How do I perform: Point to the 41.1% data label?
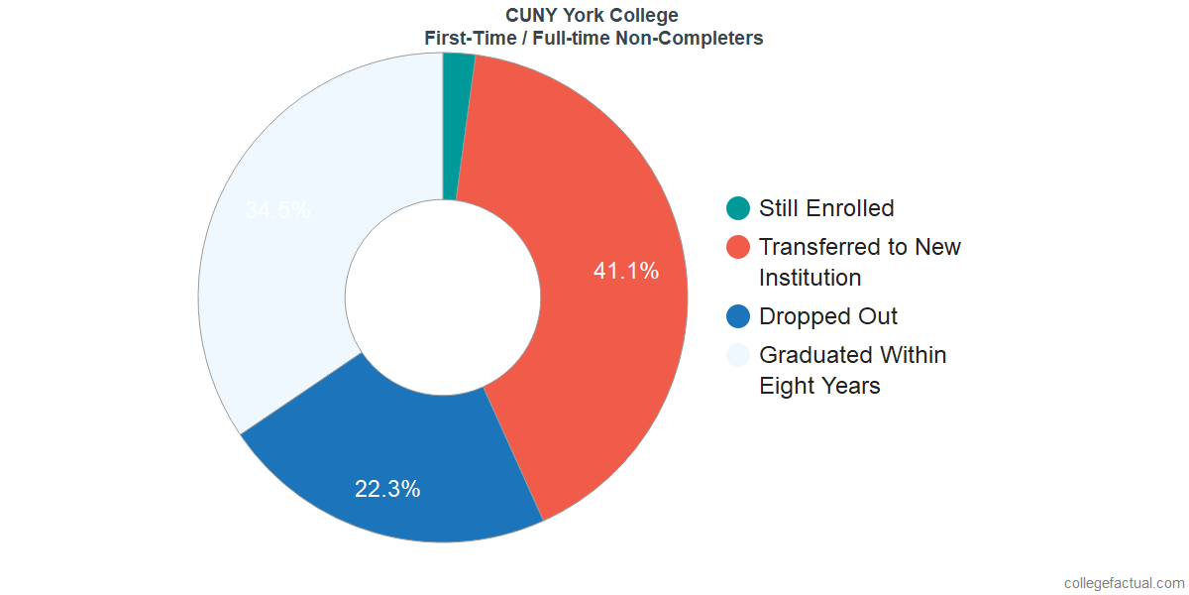(x=625, y=271)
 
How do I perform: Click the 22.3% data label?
(x=387, y=489)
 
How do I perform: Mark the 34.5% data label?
(x=277, y=210)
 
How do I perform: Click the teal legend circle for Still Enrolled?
(x=738, y=208)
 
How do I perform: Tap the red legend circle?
(x=738, y=247)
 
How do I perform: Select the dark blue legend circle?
(x=738, y=316)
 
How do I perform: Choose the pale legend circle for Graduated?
(x=738, y=355)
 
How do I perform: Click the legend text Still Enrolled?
(x=826, y=208)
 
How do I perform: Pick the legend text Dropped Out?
(x=828, y=316)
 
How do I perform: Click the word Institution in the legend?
(x=810, y=278)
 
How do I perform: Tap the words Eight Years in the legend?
(x=819, y=386)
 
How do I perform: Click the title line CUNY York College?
(x=593, y=16)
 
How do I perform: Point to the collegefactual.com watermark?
(x=1124, y=583)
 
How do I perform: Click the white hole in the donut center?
(x=443, y=297)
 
